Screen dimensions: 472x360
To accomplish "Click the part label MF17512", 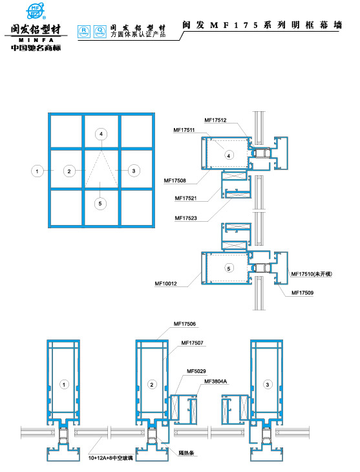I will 215,120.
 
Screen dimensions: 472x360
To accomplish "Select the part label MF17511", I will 184,130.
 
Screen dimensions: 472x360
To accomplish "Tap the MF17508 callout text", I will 175,180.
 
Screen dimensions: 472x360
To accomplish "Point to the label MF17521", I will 185,198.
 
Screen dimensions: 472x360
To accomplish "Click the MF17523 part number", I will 185,218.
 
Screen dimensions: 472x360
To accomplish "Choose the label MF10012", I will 165,283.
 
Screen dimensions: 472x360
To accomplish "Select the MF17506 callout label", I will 185,323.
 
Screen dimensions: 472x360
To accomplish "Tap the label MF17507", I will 193,342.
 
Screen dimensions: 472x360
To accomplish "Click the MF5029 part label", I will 196,371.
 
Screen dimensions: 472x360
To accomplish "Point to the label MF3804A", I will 216,381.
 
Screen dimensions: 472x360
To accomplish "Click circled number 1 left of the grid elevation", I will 38,171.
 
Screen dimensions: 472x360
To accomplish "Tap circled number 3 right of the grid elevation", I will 133,171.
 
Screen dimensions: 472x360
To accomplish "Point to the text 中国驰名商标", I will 37,47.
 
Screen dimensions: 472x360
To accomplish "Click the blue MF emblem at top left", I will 36,12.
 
